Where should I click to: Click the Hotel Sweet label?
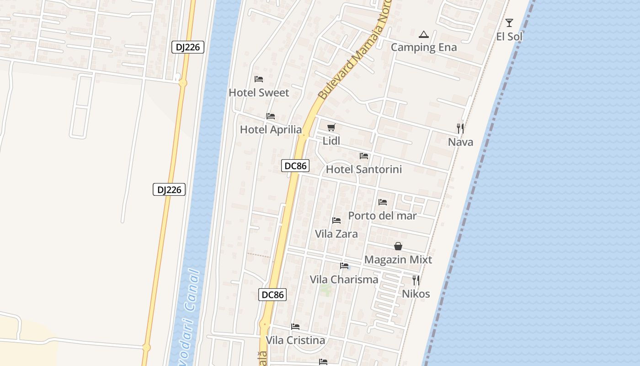pos(259,93)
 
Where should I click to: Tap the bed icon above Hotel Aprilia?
pos(271,116)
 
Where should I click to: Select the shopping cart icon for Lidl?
pos(331,128)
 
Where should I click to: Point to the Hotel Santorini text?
pos(363,170)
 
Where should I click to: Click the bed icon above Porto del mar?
pos(383,202)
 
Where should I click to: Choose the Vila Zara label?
pos(336,234)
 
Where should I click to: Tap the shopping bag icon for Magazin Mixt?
pos(398,246)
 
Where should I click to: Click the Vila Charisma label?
pos(344,280)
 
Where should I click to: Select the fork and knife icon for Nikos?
pos(416,280)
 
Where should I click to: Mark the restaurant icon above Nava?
pos(460,128)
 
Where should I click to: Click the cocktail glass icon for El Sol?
pos(509,23)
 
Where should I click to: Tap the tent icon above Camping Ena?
pos(424,34)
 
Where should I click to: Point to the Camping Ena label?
pos(424,47)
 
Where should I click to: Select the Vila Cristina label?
pos(295,340)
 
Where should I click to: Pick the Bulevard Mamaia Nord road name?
pos(355,55)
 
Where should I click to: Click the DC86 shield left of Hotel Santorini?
pos(295,166)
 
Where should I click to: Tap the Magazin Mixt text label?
pos(398,260)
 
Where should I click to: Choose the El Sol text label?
pos(509,37)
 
